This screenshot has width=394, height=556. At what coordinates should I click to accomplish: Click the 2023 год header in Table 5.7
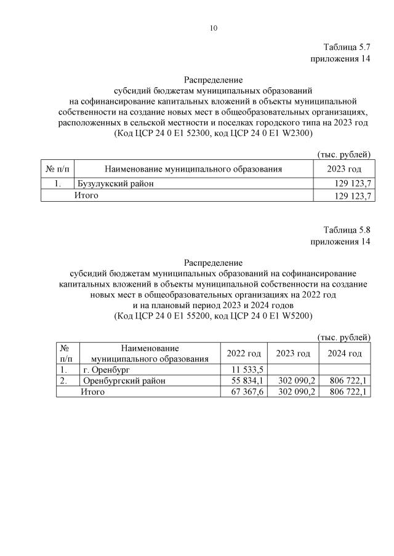[344, 169]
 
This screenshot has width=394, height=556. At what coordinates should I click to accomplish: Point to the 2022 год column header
[244, 353]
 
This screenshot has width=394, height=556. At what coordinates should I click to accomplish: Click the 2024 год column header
[345, 353]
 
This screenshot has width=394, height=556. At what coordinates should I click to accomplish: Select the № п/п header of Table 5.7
[58, 169]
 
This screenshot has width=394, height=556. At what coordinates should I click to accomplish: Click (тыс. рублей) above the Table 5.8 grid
[344, 337]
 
